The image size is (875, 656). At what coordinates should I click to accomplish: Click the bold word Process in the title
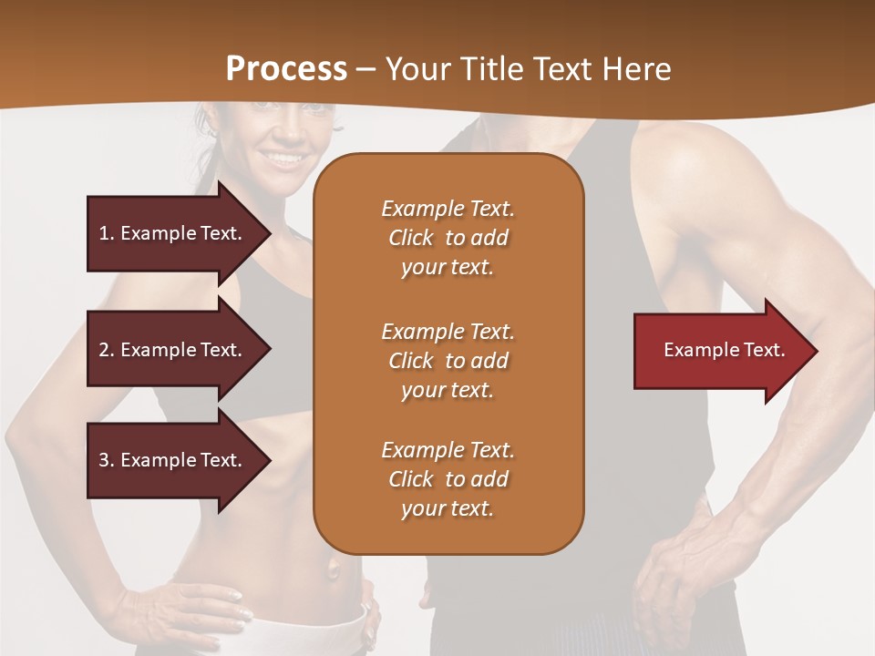point(286,69)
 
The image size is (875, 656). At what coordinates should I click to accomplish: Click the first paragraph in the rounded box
point(448,238)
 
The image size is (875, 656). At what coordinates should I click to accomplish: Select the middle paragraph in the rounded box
point(448,361)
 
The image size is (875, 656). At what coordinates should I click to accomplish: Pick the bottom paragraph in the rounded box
point(448,479)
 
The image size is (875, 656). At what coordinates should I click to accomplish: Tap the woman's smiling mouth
point(284,159)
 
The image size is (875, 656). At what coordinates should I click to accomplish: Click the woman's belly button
point(334,570)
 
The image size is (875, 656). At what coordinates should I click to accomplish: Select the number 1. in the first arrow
point(107,233)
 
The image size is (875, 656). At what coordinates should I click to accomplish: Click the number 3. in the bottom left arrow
point(107,460)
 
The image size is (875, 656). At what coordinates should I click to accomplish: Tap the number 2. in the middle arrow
point(107,350)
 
